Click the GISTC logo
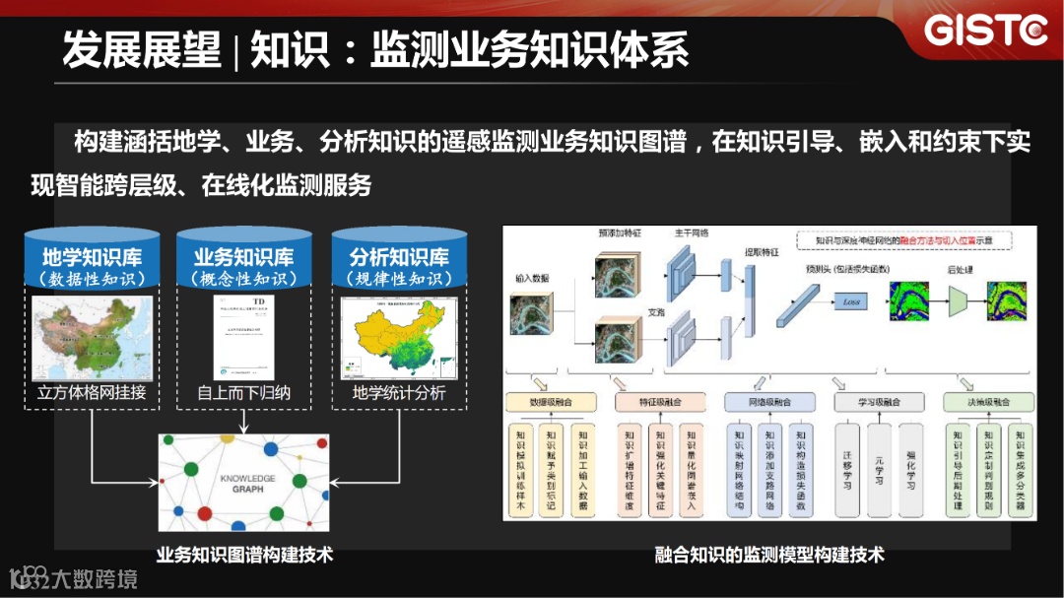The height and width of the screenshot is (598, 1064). point(985,31)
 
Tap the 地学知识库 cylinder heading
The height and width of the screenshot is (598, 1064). point(92,258)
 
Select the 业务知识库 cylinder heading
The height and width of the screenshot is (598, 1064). point(243,258)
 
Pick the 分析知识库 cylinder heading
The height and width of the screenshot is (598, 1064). point(399,258)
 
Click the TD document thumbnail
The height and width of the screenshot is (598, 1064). point(243,336)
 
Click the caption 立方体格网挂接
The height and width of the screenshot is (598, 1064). point(92,393)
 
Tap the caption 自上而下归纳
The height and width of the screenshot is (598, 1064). point(243,393)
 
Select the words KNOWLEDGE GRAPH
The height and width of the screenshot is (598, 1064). point(247,484)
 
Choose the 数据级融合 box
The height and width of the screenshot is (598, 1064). point(551,402)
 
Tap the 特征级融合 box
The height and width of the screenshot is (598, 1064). point(660,402)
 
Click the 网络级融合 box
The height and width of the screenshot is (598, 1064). point(769,402)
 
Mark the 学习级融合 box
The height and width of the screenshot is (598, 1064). point(879,402)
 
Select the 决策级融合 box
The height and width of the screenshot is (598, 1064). point(988,402)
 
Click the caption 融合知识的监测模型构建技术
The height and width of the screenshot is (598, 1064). point(769,555)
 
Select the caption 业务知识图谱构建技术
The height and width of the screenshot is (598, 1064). point(244,555)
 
